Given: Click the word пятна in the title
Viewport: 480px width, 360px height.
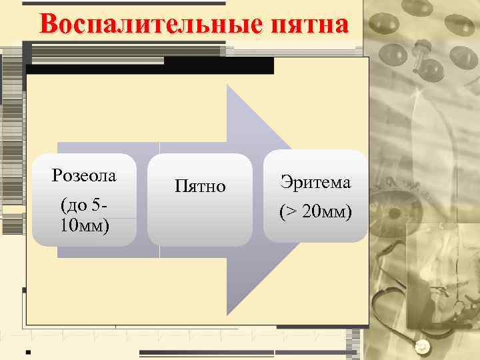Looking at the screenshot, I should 309,25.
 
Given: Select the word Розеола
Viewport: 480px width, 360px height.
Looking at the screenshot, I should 84,176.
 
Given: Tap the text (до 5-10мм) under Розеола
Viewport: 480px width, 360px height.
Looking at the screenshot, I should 84,215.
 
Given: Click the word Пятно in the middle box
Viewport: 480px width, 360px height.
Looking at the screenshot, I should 200,186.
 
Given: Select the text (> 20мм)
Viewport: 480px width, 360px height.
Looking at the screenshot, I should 315,212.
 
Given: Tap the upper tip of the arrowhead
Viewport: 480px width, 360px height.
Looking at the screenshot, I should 228,85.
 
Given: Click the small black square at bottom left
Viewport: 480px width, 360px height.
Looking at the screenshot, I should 28,350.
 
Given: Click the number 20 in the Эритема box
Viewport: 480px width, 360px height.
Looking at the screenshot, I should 311,213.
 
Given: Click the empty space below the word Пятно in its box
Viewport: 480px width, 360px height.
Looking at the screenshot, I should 200,220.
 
